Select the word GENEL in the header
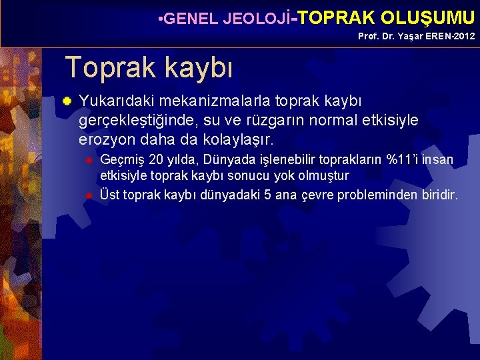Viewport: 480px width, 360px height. [190, 19]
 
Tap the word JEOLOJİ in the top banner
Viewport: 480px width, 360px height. [257, 19]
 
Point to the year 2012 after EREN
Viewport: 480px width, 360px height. [464, 36]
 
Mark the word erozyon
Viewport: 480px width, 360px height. [107, 141]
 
